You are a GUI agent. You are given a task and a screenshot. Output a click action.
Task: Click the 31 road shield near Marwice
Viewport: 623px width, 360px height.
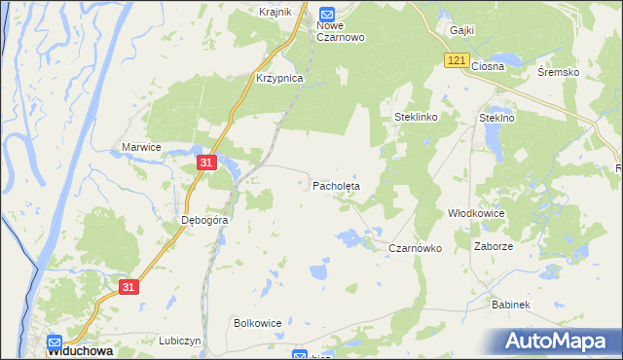point(205,163)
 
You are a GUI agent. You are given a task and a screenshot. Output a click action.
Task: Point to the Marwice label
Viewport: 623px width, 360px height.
point(141,147)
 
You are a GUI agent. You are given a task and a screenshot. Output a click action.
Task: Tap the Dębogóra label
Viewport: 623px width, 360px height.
point(204,220)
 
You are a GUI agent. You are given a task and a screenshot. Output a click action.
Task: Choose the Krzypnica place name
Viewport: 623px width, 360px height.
point(279,78)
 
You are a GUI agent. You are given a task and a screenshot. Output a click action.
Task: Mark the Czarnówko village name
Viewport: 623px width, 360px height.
point(416,248)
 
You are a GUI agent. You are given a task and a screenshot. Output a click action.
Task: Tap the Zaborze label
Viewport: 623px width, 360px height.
point(494,247)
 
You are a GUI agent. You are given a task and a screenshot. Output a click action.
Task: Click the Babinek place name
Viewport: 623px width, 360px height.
point(510,305)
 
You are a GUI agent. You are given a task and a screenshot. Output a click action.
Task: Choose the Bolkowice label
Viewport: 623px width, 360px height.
point(258,322)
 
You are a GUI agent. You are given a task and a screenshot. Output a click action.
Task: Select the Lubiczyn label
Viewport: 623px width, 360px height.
point(179,342)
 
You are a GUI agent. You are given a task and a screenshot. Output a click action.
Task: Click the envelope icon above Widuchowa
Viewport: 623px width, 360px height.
point(55,342)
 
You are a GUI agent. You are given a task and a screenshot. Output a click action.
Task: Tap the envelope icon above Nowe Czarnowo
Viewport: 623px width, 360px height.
point(327,14)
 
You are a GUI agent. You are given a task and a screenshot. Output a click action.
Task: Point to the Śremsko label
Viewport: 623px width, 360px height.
point(559,72)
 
